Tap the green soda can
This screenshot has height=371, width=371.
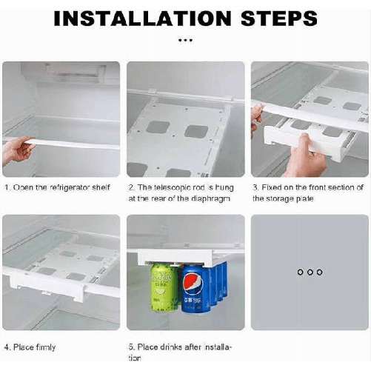(164, 288)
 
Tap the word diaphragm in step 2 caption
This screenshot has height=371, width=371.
(201, 198)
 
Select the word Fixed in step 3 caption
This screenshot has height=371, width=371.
(272, 187)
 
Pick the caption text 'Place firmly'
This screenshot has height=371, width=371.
(34, 347)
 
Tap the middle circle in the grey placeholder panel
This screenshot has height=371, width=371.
(310, 273)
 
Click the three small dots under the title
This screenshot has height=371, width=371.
(185, 40)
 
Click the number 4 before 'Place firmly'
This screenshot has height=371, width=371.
(6, 347)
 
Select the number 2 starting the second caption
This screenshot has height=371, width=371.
(130, 187)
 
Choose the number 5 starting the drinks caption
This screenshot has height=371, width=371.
(130, 347)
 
